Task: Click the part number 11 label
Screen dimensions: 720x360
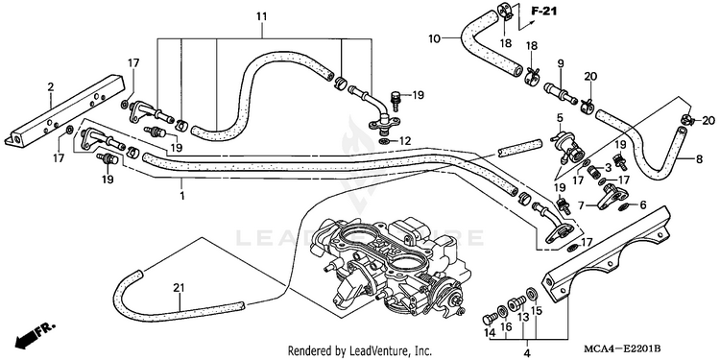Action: click(x=261, y=17)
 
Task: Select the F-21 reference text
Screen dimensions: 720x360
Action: click(x=544, y=11)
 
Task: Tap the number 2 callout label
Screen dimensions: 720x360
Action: click(x=51, y=86)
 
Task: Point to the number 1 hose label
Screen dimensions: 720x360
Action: click(x=181, y=196)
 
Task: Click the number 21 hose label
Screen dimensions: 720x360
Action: click(x=179, y=288)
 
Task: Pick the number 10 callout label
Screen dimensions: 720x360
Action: click(x=434, y=38)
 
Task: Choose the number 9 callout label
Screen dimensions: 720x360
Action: click(x=561, y=63)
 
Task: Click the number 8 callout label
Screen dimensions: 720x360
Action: click(x=699, y=159)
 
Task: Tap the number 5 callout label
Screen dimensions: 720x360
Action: click(x=560, y=118)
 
